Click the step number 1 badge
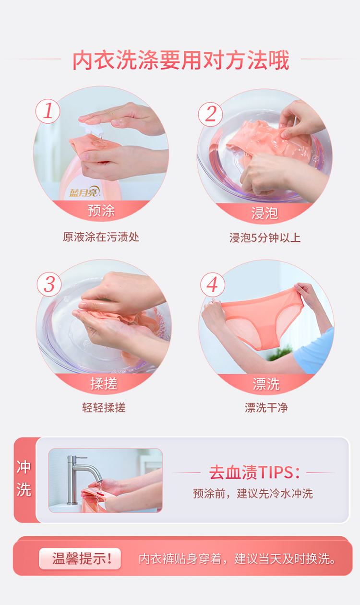48,111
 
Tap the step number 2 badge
211,114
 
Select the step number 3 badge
49,284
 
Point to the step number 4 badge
213,285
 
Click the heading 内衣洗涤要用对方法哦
181,60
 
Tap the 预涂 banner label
101,211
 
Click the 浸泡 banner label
264,213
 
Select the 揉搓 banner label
104,383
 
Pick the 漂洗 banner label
266,384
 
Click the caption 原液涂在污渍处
101,237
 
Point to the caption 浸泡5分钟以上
265,237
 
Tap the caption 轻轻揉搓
104,407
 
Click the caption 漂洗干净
266,407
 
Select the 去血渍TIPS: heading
254,472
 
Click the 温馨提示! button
80,558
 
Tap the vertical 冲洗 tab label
24,478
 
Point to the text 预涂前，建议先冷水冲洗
252,494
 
